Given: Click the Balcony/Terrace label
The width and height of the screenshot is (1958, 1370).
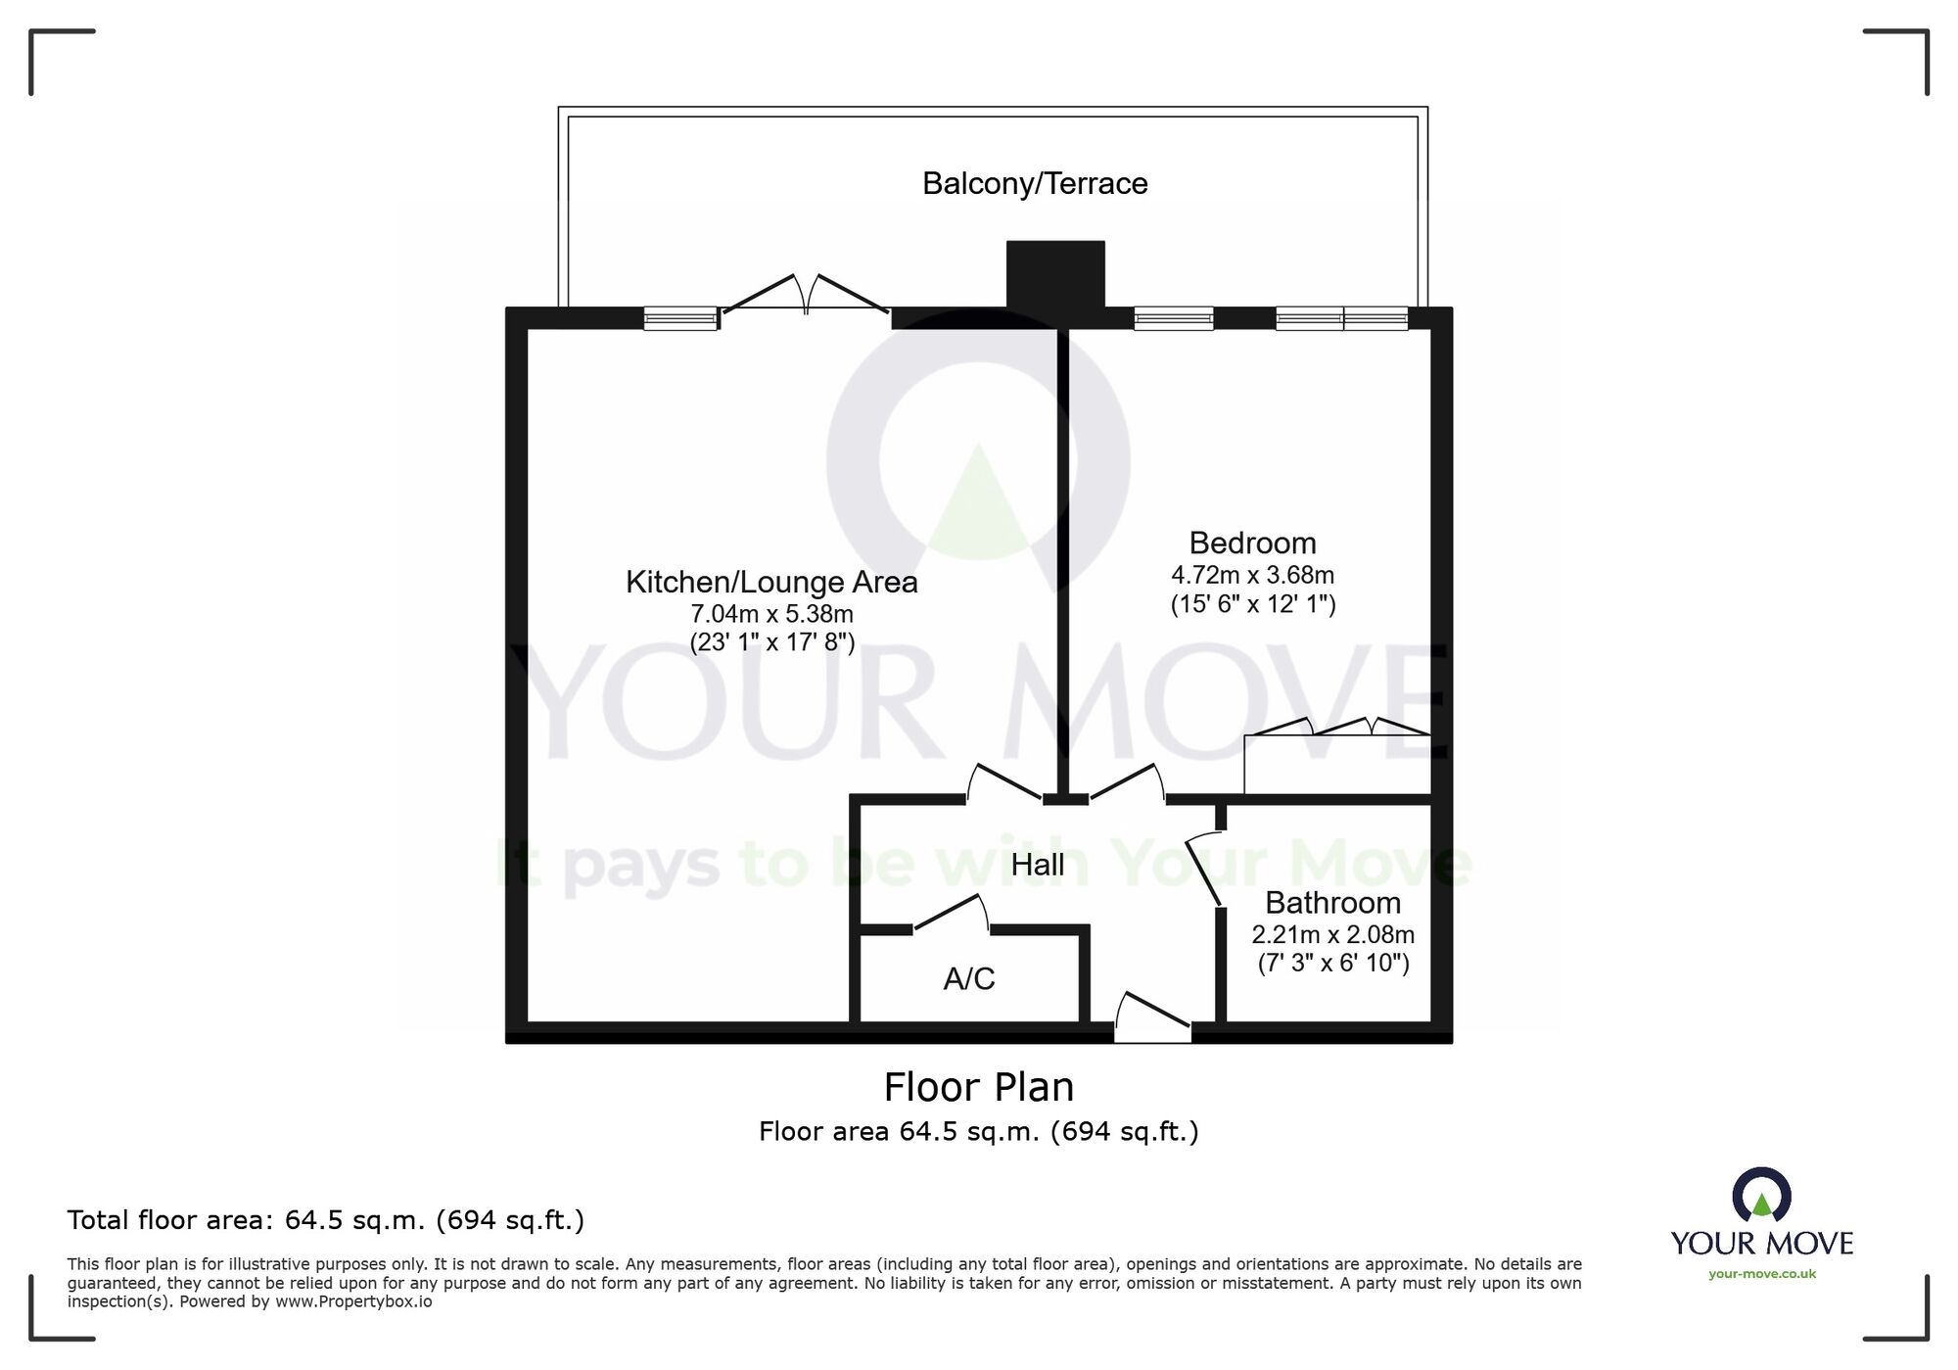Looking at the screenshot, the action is (x=1035, y=184).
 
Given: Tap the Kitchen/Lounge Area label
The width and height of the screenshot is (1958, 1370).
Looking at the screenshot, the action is (x=771, y=583).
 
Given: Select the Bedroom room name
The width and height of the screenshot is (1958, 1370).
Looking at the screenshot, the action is (x=1252, y=543).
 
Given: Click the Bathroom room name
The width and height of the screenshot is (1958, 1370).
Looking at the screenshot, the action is (x=1332, y=903).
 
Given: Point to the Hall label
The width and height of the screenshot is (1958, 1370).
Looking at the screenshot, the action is (x=1038, y=865).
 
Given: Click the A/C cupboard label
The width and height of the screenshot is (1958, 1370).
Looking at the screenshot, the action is (x=969, y=978).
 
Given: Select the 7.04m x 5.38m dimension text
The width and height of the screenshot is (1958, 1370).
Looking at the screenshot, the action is (x=771, y=614).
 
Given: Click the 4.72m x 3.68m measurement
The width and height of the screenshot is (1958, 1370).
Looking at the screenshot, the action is (x=1252, y=575).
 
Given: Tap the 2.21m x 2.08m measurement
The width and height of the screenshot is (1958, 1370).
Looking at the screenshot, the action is (x=1332, y=935).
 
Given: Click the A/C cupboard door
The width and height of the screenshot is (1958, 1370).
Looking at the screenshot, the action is (x=950, y=914).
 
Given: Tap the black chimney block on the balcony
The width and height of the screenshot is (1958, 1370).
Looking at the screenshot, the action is (x=1055, y=274).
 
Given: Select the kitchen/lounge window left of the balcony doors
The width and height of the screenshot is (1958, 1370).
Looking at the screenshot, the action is (x=680, y=318).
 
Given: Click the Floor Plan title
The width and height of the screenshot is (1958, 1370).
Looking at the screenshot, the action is (x=979, y=1087).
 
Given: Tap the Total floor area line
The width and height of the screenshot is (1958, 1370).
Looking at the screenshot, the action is (x=326, y=1220).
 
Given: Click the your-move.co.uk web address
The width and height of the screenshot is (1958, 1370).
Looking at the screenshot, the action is (x=1762, y=1274).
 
